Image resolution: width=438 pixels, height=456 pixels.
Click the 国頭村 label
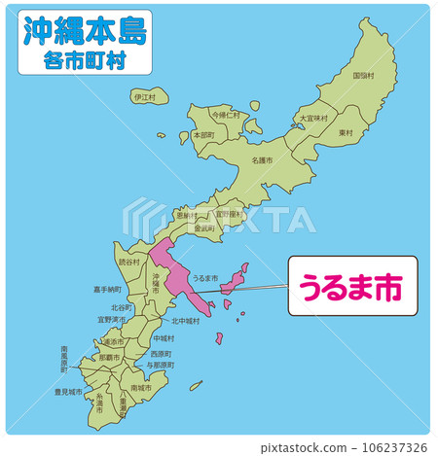[x=362, y=75]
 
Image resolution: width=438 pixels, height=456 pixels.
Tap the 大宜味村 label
[x=312, y=119]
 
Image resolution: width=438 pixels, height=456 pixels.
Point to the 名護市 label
[x=262, y=159]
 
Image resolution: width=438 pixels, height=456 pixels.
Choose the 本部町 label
[x=203, y=136]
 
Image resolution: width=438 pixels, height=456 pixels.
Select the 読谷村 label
[x=129, y=262]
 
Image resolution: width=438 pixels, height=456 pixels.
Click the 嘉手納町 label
[x=107, y=289]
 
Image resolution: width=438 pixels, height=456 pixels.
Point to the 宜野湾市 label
[x=112, y=318]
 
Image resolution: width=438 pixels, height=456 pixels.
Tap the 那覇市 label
[x=109, y=357]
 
